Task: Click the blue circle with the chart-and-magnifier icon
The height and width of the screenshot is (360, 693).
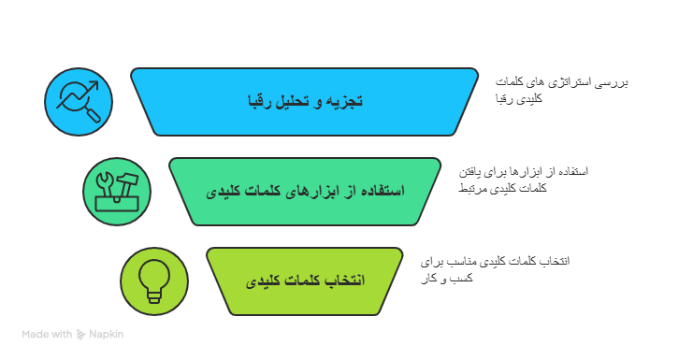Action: pyautogui.click(x=79, y=101)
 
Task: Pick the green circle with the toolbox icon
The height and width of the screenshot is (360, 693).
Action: pyautogui.click(x=116, y=191)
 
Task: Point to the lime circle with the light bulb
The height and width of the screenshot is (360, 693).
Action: pyautogui.click(x=153, y=281)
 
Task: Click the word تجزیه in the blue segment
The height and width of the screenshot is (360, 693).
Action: pyautogui.click(x=345, y=101)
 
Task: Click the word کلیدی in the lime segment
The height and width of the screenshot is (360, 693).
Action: pyautogui.click(x=266, y=281)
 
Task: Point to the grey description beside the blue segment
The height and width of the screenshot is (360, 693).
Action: pyautogui.click(x=560, y=90)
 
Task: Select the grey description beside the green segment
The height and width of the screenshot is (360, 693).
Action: pyautogui.click(x=524, y=180)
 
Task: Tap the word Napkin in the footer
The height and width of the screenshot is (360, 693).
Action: pyautogui.click(x=107, y=334)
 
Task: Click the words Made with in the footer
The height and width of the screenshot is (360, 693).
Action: pyautogui.click(x=47, y=334)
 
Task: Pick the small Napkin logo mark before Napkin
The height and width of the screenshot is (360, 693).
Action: pyautogui.click(x=81, y=334)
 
